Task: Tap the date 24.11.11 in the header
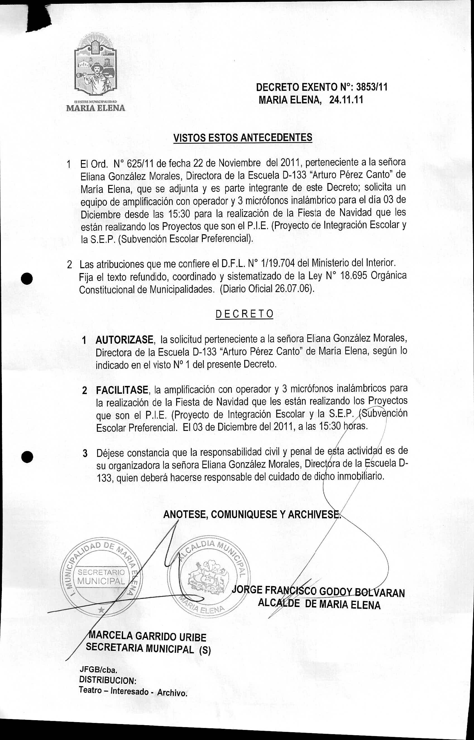(x=346, y=100)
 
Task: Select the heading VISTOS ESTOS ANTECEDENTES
(x=243, y=137)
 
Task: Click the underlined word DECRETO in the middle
(x=244, y=314)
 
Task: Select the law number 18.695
(x=354, y=276)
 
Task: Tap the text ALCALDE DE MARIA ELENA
(x=319, y=604)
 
